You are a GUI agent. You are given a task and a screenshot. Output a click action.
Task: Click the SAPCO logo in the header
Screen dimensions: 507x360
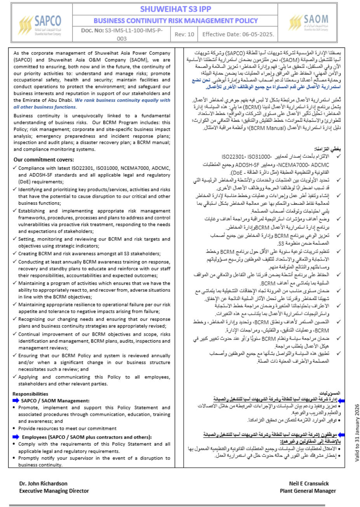coord(40,24)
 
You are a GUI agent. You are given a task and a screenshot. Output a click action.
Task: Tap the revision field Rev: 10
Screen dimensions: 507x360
coord(184,34)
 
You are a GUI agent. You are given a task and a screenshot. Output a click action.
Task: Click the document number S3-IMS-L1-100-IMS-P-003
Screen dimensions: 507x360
coord(122,34)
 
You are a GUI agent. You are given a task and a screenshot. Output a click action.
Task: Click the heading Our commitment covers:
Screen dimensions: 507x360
coord(43,160)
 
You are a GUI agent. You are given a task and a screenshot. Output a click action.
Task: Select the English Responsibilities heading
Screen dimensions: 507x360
coord(30,394)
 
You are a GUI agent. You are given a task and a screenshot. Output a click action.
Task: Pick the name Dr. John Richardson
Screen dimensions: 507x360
coord(43,484)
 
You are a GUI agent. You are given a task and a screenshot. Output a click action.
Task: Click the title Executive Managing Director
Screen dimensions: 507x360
coord(54,491)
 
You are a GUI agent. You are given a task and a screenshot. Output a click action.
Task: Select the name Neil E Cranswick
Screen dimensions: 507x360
coord(309,484)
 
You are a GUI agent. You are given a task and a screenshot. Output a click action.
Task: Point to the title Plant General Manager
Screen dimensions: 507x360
coord(308,491)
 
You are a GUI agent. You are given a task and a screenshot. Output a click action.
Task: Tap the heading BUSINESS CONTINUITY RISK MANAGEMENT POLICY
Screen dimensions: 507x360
coord(176,21)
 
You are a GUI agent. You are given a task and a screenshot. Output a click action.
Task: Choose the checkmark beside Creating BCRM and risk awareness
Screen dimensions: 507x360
coord(15,254)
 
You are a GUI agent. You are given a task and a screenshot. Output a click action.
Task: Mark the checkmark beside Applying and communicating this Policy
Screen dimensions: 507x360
coord(15,377)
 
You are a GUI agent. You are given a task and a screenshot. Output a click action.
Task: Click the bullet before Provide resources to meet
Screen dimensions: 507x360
coord(14,429)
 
